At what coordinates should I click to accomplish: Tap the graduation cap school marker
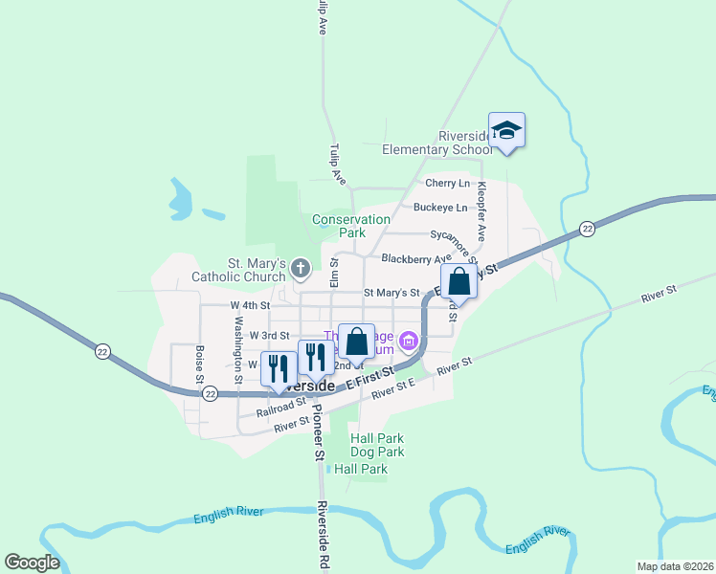pyautogui.click(x=506, y=131)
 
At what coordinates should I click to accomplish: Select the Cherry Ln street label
pyautogui.click(x=447, y=183)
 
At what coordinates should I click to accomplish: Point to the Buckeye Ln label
pyautogui.click(x=440, y=207)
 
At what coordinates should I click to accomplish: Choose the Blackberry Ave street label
pyautogui.click(x=415, y=258)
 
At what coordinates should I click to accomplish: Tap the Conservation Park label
pyautogui.click(x=351, y=226)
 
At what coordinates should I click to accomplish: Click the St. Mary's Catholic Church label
pyautogui.click(x=242, y=270)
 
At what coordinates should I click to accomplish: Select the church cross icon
pyautogui.click(x=300, y=269)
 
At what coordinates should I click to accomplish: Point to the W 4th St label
pyautogui.click(x=251, y=305)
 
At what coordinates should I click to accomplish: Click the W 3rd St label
pyautogui.click(x=269, y=336)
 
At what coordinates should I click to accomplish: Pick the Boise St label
pyautogui.click(x=200, y=364)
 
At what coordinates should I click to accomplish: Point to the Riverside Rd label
pyautogui.click(x=324, y=536)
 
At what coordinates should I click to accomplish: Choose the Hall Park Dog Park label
pyautogui.click(x=377, y=445)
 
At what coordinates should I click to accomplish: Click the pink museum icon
pyautogui.click(x=410, y=341)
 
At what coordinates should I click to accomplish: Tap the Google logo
pyautogui.click(x=32, y=563)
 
